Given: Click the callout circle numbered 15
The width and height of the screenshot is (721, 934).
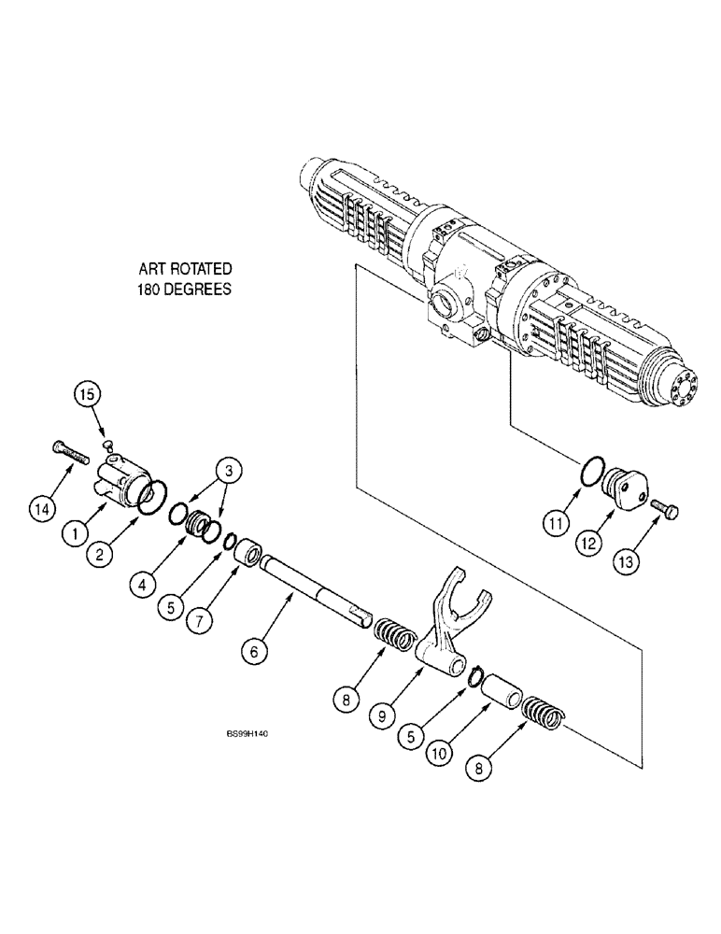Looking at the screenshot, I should [x=87, y=394].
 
